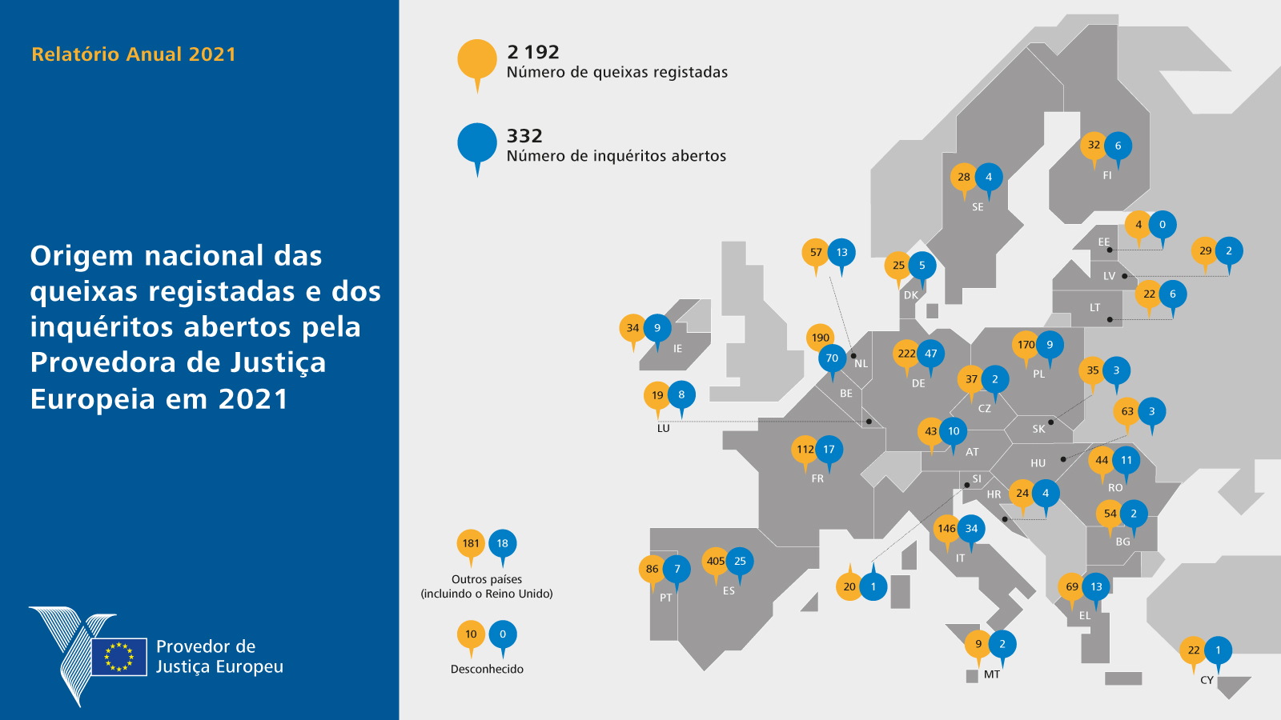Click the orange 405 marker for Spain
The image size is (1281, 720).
[715, 561]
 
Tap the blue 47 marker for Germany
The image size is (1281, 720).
[930, 354]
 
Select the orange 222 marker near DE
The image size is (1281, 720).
[906, 354]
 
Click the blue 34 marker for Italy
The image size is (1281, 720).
[971, 528]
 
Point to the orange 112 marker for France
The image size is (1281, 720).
[805, 450]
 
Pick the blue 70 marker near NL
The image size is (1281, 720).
[832, 358]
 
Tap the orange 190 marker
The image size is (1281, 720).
[820, 338]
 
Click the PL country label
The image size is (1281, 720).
[1038, 374]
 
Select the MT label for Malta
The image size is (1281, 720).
[991, 674]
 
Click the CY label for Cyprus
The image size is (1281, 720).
[1207, 680]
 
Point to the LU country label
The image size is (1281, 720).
[663, 428]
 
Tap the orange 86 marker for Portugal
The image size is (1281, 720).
[653, 569]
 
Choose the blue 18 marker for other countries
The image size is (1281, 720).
[502, 543]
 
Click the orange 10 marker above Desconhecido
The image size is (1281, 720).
[471, 634]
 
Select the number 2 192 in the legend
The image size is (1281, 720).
[533, 52]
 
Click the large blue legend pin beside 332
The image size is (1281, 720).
[477, 143]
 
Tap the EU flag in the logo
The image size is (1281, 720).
[119, 656]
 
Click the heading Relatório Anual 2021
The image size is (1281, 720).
[134, 54]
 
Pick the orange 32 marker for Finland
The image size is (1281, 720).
[1094, 145]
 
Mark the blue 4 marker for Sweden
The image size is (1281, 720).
[989, 177]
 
